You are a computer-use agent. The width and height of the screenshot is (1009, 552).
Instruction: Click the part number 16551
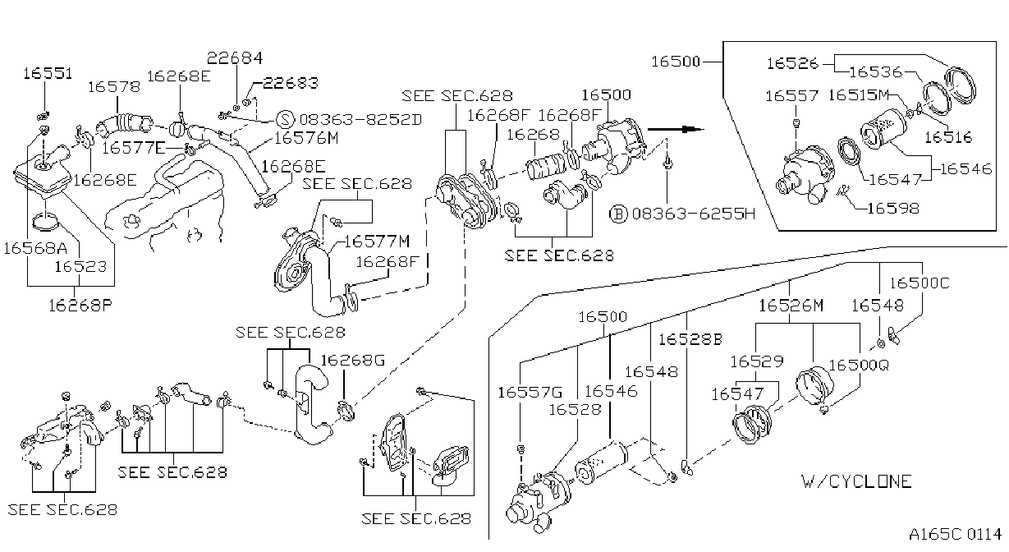tap(48, 73)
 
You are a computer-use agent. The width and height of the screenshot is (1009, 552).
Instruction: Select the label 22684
tap(235, 58)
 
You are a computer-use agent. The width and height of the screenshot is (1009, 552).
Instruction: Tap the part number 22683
tap(291, 83)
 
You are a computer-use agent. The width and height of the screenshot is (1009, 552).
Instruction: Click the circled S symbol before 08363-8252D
tap(285, 119)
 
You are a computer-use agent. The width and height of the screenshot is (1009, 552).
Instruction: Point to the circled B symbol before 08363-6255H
tap(618, 214)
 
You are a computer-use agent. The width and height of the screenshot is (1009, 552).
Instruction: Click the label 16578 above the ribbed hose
tap(114, 86)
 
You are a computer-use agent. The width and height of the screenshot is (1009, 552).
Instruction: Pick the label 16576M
tap(306, 138)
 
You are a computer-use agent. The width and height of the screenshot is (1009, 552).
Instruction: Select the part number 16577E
tap(134, 148)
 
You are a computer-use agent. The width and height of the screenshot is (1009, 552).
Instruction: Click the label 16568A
tap(35, 248)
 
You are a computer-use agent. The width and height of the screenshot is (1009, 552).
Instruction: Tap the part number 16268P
tap(80, 306)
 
